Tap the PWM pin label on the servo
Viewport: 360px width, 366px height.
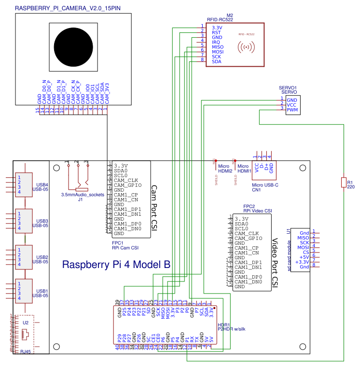coord(292,110)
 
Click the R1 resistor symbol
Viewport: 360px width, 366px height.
coord(344,183)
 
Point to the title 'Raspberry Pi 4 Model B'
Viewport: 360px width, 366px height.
coord(116,265)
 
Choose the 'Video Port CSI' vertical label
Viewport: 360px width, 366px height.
coord(276,261)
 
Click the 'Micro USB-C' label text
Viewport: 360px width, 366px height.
coord(265,185)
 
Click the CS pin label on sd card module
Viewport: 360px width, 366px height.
coord(305,252)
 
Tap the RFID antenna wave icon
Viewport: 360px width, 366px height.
coord(246,47)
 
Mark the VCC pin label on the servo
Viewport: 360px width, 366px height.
coord(291,105)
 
